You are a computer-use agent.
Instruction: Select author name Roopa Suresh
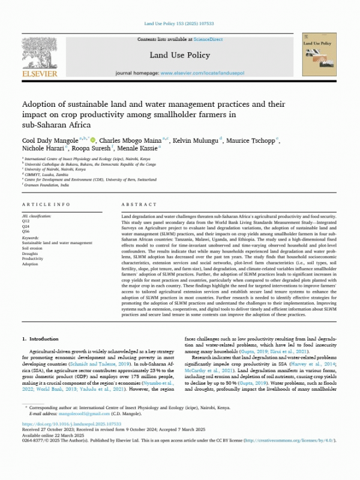point(91,149)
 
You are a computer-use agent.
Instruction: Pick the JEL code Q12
point(26,221)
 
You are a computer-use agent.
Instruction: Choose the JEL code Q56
point(26,230)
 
